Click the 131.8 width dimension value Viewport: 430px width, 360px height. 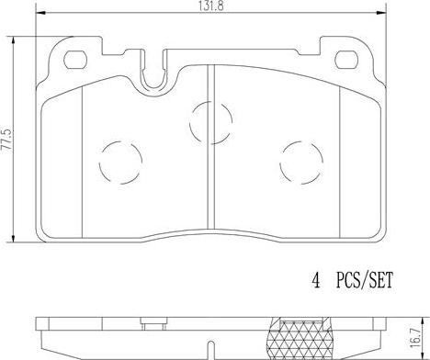click(x=211, y=6)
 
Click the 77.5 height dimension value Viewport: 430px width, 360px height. click(x=6, y=140)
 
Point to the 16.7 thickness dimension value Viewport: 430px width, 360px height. click(x=415, y=338)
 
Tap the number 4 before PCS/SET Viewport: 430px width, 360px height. click(x=316, y=280)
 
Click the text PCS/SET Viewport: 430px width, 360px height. click(x=364, y=280)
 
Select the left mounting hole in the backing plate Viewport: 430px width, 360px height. click(x=75, y=60)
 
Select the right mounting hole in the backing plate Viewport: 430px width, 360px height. click(x=346, y=60)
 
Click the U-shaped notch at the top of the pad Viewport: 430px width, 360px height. click(x=154, y=73)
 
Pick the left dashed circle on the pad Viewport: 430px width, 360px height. click(x=121, y=163)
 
